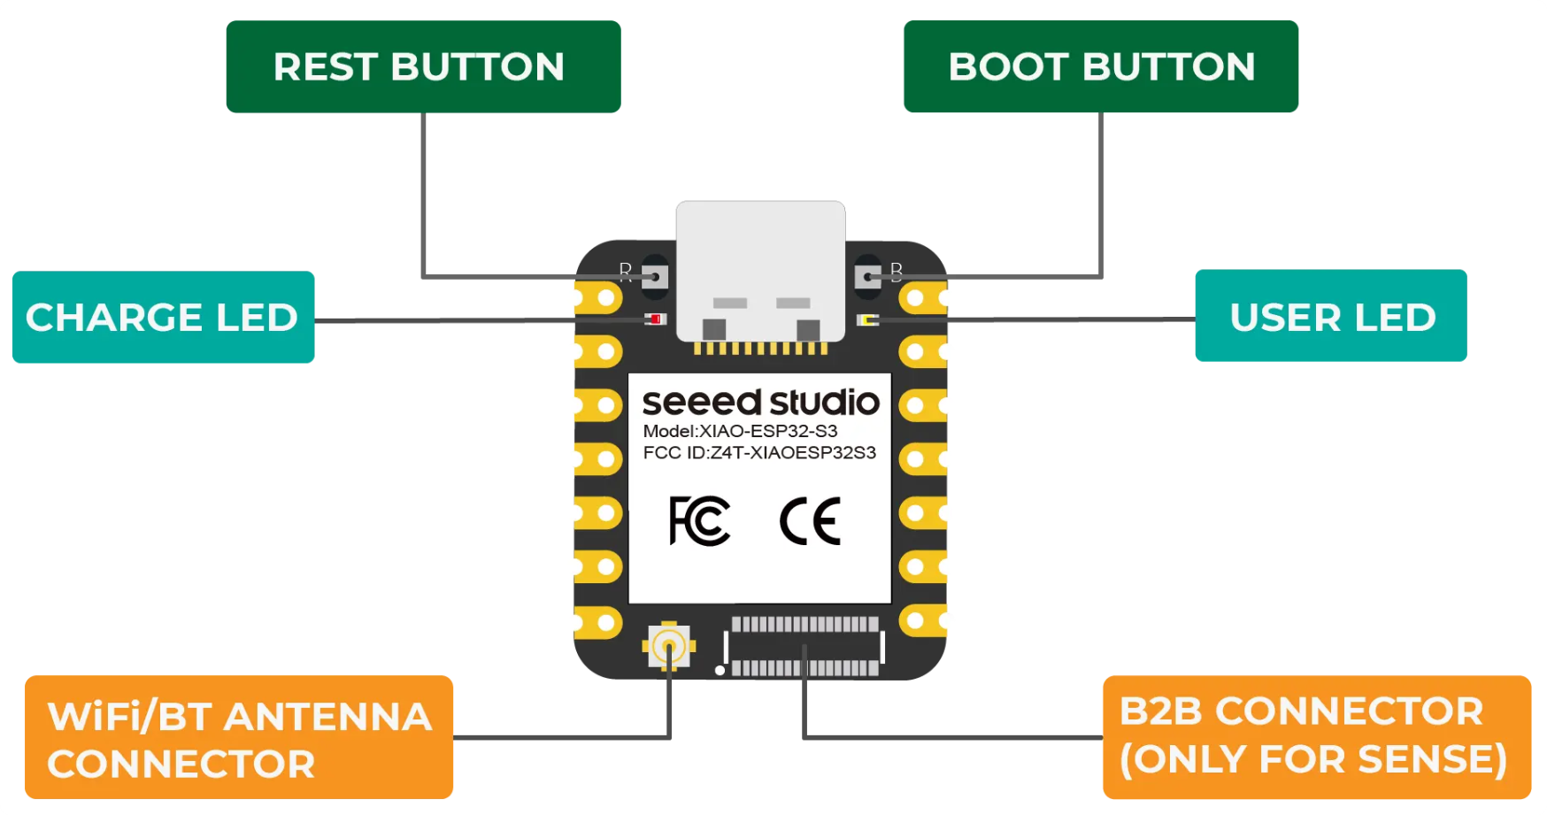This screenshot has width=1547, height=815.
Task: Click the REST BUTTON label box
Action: click(423, 67)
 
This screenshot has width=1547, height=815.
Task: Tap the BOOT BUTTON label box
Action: click(1101, 67)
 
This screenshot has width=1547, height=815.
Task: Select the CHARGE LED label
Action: click(163, 317)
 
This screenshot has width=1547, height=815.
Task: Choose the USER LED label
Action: click(1330, 316)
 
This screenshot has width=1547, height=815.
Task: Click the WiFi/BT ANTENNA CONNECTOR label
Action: click(239, 738)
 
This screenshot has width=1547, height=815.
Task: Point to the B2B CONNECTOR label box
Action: click(1316, 736)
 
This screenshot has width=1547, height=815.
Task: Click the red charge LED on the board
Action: click(656, 319)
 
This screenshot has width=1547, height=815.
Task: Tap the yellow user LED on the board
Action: click(867, 319)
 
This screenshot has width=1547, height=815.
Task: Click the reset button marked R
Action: click(655, 277)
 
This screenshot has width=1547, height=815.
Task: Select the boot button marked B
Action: click(867, 277)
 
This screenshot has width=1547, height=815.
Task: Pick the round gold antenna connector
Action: click(668, 646)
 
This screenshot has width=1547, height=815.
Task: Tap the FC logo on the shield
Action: click(699, 520)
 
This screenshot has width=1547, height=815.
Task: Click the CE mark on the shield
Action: click(810, 520)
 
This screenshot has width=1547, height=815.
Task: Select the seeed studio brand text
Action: click(760, 403)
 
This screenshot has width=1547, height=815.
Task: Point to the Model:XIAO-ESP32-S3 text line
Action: click(740, 431)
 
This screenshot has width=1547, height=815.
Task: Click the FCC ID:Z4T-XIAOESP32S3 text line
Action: click(759, 453)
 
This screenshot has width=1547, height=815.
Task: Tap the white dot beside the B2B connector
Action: click(720, 671)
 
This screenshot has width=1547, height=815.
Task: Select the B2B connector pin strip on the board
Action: click(804, 646)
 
